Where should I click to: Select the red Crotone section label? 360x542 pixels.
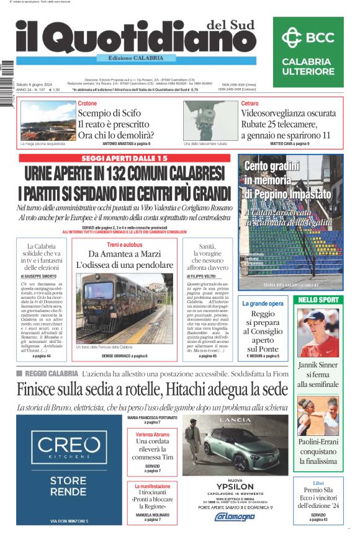point(88,103)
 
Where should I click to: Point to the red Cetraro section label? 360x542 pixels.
point(250,103)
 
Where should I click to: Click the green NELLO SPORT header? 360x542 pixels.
point(318,300)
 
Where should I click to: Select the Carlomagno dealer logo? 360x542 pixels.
point(235,516)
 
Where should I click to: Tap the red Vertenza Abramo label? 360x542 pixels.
point(152,435)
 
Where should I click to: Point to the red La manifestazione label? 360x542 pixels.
point(152,487)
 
